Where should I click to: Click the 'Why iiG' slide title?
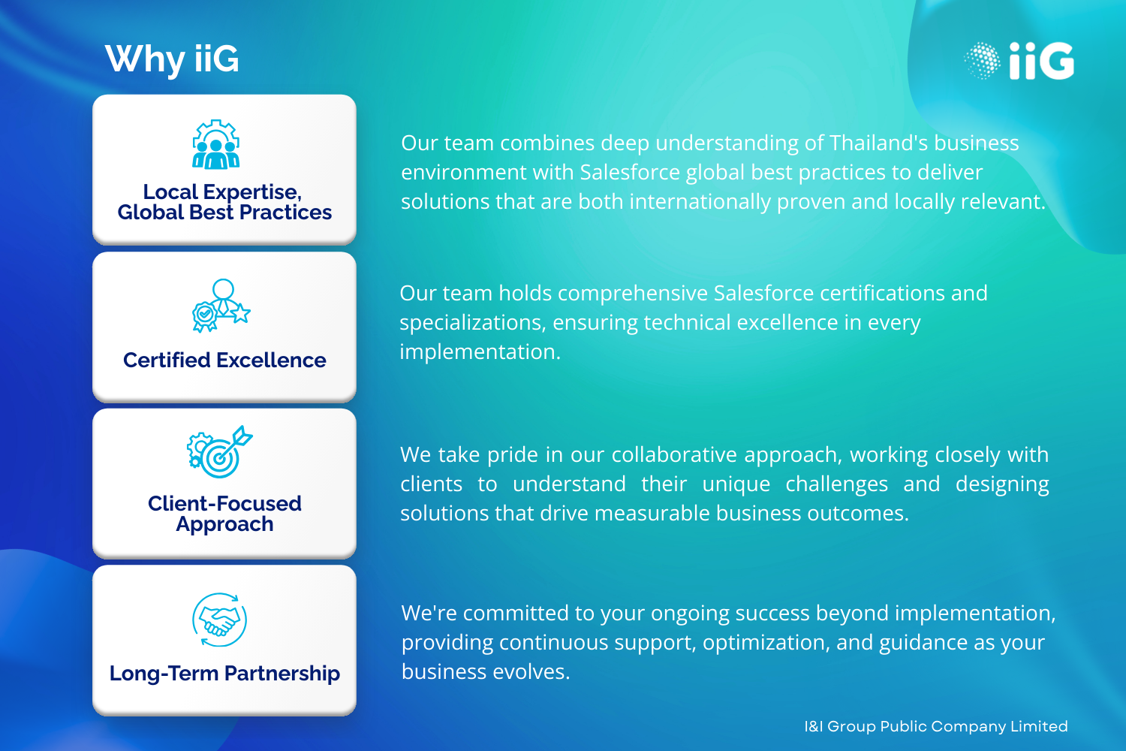172,60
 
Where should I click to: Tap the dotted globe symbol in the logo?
982,61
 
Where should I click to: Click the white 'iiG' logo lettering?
1042,61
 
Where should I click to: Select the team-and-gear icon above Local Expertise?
216,144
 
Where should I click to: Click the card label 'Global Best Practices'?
224,213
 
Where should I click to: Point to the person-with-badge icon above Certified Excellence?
221,306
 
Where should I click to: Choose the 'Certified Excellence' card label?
224,360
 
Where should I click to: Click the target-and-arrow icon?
220,451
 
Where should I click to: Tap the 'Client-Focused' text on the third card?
224,503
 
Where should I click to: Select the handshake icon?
220,620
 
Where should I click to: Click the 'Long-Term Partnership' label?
224,673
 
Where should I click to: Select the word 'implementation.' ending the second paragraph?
480,351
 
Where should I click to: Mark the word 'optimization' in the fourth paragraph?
764,642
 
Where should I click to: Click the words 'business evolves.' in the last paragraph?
486,671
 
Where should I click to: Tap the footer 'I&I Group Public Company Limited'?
936,726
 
